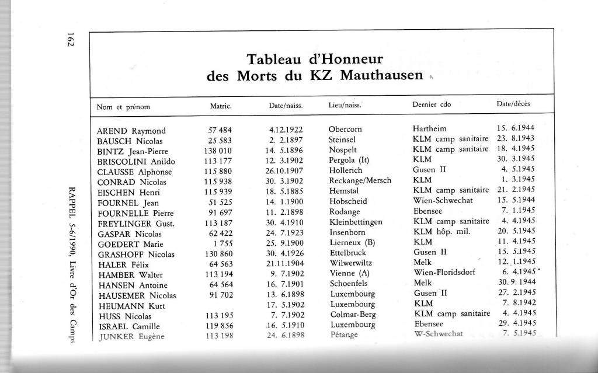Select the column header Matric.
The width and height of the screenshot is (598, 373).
221,106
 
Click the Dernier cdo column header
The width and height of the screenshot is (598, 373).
432,106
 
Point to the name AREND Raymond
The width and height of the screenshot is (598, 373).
131,130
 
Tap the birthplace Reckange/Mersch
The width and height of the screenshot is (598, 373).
360,181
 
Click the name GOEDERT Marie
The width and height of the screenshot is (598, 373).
129,243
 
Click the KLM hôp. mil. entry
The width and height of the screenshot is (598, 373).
444,231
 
